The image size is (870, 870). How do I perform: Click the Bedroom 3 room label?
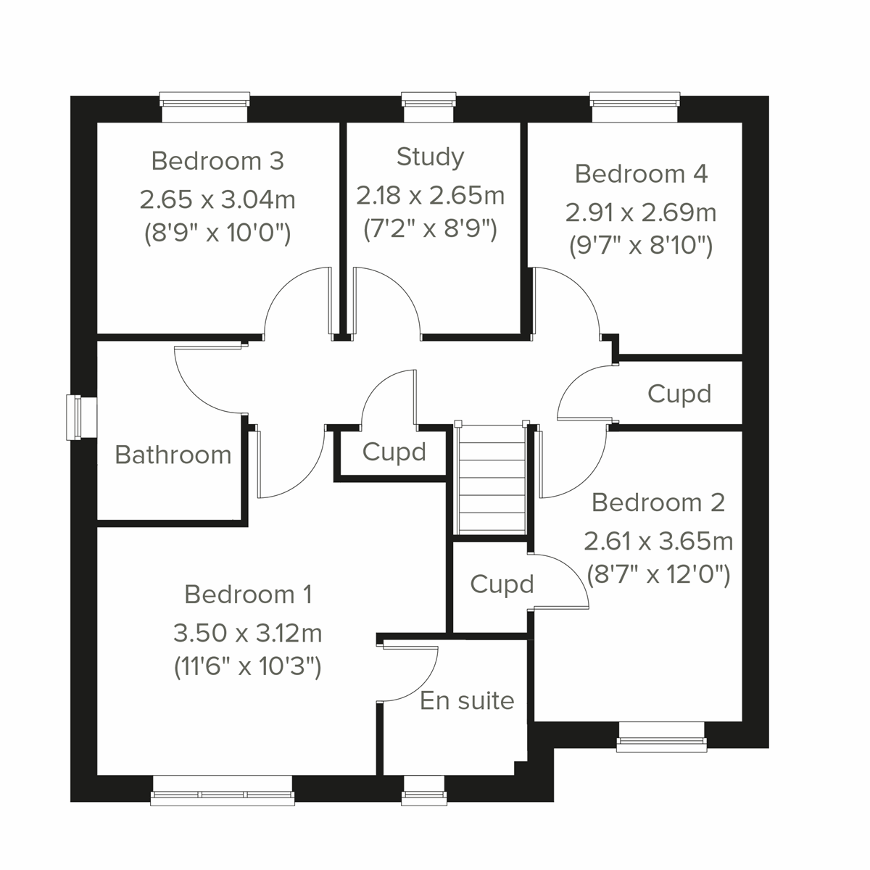pos(217,161)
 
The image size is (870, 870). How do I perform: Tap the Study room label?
pos(430,157)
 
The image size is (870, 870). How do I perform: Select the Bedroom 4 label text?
pos(641,174)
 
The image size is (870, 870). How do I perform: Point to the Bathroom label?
pos(173,455)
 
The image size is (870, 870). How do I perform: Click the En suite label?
pos(467,701)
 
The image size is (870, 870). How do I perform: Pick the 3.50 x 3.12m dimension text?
pos(247,633)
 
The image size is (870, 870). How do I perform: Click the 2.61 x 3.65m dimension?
pos(658,541)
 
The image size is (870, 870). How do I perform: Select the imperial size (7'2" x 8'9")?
pos(430,229)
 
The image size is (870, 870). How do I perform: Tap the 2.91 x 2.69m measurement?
pos(641,212)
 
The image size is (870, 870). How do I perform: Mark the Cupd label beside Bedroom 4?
pos(679,394)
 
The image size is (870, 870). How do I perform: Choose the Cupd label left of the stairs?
pos(394,452)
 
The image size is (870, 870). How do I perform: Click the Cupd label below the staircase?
pos(502,584)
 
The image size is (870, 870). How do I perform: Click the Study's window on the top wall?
pos(429,107)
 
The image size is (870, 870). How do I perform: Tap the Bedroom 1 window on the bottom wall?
pos(223,790)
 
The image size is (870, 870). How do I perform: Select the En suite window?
pos(424,790)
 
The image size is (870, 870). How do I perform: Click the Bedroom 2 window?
pos(661,737)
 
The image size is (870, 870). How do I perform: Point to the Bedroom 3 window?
pos(204,107)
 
